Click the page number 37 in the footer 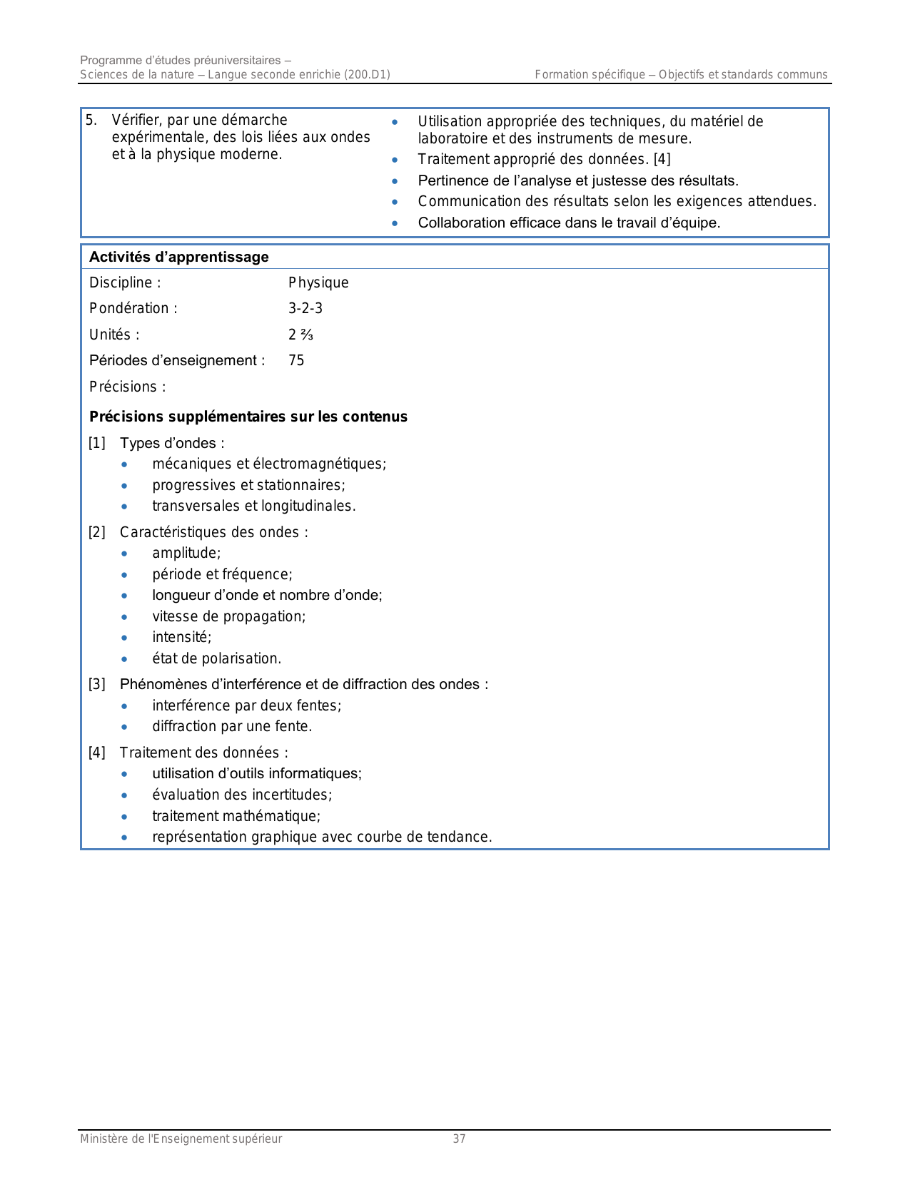(x=459, y=1138)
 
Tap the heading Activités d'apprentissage (x=179, y=257)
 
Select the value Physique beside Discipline (x=318, y=282)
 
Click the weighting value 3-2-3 (x=305, y=308)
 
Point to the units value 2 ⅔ (x=300, y=335)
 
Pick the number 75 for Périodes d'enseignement (x=296, y=360)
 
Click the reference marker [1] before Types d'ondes (x=97, y=443)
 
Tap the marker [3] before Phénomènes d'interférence (x=97, y=684)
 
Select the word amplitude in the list (x=186, y=553)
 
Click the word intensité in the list (x=181, y=637)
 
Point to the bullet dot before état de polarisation (x=125, y=658)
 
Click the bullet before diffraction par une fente (x=125, y=726)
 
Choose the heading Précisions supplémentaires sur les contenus (x=248, y=417)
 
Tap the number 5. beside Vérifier (x=91, y=120)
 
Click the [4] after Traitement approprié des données (x=662, y=159)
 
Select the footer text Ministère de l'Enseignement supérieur (x=181, y=1138)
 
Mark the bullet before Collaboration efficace (x=395, y=223)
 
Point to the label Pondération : (x=133, y=308)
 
